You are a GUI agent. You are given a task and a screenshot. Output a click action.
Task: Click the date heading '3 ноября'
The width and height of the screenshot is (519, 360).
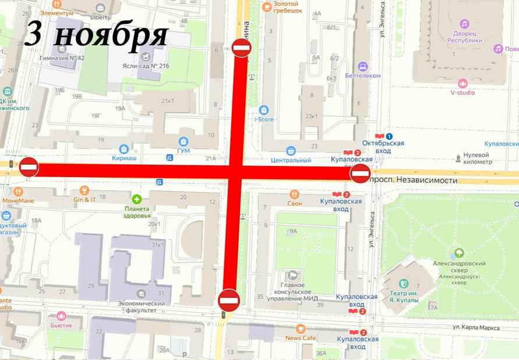(x=97, y=35)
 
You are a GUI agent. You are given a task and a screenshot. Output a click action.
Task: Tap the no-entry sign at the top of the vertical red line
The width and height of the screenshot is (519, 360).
(x=241, y=47)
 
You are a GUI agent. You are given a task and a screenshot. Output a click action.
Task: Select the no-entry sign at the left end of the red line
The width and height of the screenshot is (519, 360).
(x=29, y=167)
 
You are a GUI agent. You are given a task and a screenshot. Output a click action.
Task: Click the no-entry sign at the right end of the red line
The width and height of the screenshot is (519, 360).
(x=361, y=173)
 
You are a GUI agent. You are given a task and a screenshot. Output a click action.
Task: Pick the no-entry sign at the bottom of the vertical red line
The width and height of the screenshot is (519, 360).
(x=229, y=301)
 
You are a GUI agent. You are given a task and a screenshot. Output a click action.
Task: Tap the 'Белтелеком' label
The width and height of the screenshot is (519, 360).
(x=362, y=76)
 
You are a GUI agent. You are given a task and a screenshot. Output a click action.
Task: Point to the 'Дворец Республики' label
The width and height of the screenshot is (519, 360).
(x=465, y=37)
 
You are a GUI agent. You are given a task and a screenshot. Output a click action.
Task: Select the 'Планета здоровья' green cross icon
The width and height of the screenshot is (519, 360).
(x=137, y=199)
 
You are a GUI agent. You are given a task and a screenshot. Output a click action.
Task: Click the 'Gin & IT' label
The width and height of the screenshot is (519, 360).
(x=85, y=199)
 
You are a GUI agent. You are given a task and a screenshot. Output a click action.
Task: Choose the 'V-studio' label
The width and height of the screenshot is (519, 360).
(x=462, y=92)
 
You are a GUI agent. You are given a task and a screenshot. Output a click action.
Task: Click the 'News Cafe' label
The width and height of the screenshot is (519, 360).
(x=301, y=338)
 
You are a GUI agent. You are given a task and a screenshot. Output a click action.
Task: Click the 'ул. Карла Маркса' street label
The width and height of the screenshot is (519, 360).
(x=476, y=327)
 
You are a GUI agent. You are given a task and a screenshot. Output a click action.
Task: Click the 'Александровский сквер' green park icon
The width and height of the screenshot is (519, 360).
(x=459, y=253)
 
